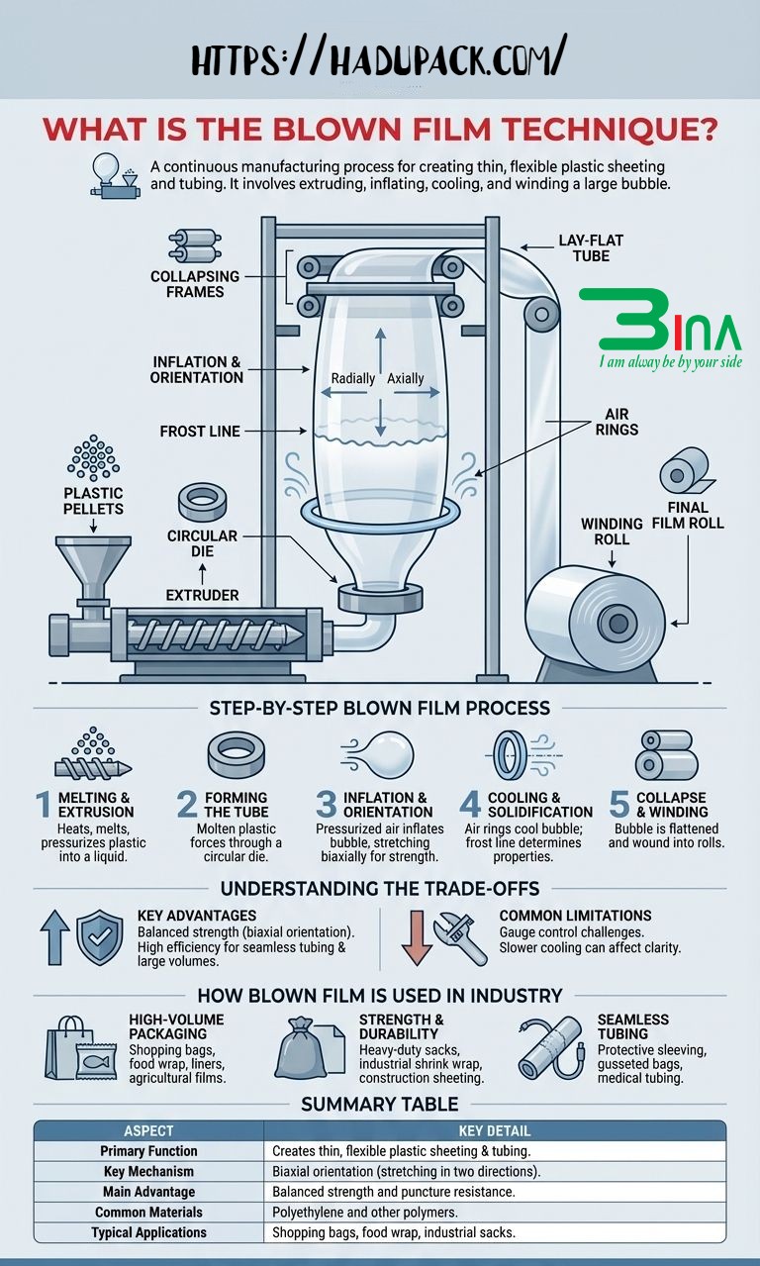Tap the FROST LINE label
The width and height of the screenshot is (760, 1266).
click(x=201, y=432)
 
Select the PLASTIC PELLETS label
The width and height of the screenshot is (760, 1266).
click(x=94, y=501)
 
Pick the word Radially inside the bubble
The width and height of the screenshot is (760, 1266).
click(x=352, y=378)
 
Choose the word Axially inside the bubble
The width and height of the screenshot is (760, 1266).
click(x=405, y=378)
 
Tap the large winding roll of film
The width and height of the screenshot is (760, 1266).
click(x=595, y=621)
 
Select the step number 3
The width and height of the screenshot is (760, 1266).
click(x=327, y=804)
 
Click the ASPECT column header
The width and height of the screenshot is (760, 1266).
click(x=148, y=1130)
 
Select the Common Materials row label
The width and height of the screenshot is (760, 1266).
click(x=148, y=1212)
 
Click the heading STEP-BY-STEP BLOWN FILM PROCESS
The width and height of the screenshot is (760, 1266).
click(x=380, y=709)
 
